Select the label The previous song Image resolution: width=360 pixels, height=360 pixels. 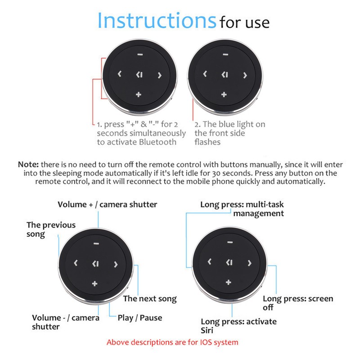[51, 229]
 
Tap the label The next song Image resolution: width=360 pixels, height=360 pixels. [150, 298]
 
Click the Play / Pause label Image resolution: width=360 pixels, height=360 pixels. [139, 318]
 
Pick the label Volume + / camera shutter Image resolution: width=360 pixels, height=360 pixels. [108, 204]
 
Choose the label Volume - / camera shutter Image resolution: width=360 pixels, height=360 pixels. [66, 322]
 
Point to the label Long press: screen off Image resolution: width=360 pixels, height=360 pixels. [297, 303]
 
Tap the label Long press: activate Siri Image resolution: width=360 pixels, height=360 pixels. [238, 326]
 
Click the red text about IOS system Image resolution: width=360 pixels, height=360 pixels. [172, 342]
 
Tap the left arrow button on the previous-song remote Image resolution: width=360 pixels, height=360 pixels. [76, 263]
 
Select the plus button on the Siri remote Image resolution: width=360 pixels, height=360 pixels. [229, 282]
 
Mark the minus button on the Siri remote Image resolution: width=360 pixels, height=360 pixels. [229, 242]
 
